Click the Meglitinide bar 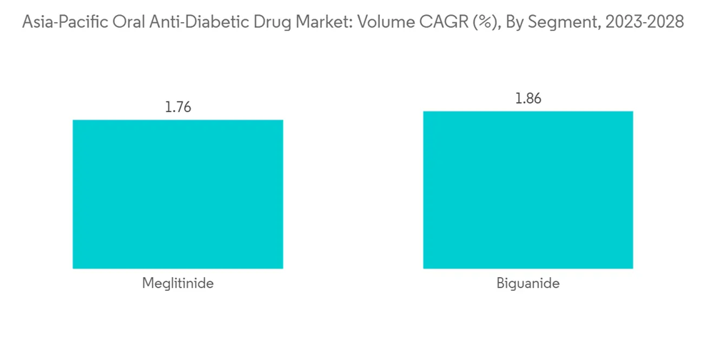click(x=178, y=194)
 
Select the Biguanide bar click(x=528, y=189)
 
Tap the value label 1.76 click(x=178, y=108)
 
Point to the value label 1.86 click(x=528, y=99)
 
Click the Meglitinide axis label click(x=178, y=284)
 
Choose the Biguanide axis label click(x=528, y=284)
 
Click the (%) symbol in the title click(x=483, y=22)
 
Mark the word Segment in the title click(x=560, y=22)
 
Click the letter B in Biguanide click(x=501, y=284)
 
